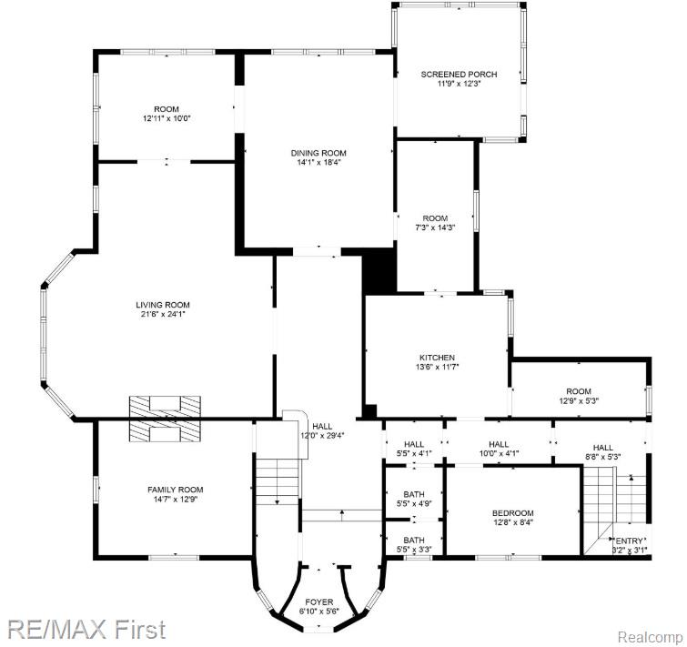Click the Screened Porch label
coord(459,74)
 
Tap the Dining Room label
coord(318,153)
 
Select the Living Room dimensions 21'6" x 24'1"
coord(164,315)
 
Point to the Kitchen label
coord(437,358)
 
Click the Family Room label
coord(175,490)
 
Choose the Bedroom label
coord(513,513)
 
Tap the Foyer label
coord(318,602)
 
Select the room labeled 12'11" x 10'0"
coord(166,114)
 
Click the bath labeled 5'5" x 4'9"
coord(413,498)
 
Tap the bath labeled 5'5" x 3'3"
coord(413,544)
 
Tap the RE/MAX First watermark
coord(87,628)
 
